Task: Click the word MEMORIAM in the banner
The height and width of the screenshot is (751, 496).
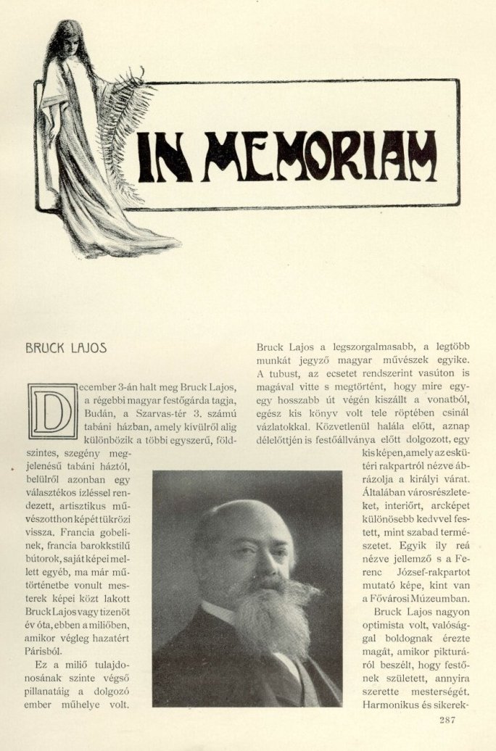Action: [x=319, y=156]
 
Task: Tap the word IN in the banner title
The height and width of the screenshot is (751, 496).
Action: [x=165, y=157]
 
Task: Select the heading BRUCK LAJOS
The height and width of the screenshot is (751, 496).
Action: [x=66, y=348]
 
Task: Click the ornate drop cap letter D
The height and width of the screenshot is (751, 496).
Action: [x=52, y=410]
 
